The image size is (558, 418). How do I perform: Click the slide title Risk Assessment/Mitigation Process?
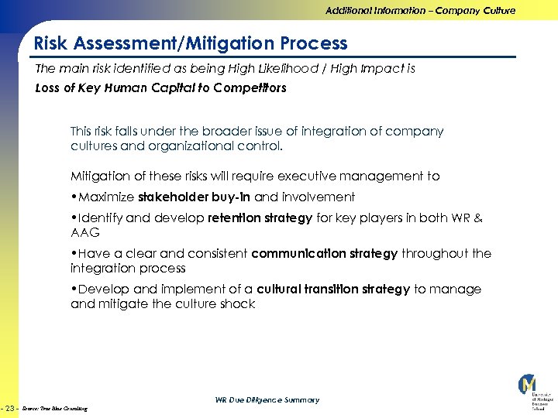191,43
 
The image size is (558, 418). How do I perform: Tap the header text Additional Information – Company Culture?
420,11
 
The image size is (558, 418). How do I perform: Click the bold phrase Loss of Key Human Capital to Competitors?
161,87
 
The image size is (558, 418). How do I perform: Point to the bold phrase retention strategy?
260,218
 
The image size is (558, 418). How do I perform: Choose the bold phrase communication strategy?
324,253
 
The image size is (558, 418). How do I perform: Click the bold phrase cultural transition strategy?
333,289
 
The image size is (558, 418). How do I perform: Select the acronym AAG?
85,232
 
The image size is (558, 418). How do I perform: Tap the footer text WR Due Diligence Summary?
267,400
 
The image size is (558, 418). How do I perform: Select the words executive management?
321,176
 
